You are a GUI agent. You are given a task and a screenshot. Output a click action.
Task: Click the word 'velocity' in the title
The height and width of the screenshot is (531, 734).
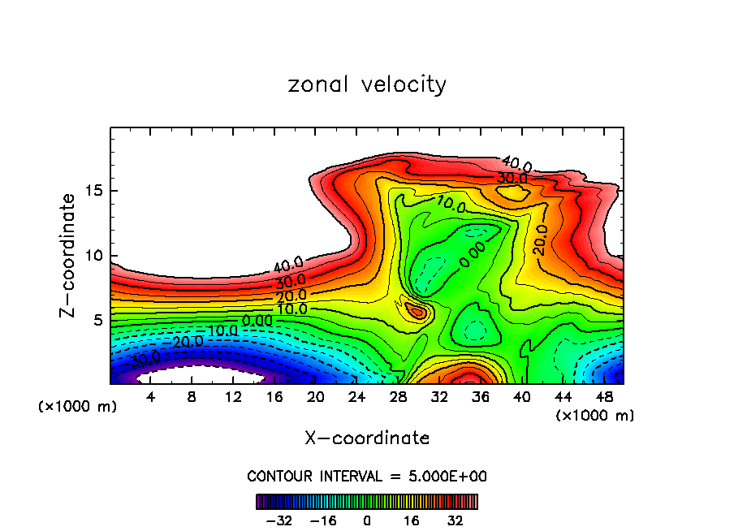click(x=402, y=85)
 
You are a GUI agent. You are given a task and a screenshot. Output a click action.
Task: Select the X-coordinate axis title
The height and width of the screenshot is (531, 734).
click(x=367, y=438)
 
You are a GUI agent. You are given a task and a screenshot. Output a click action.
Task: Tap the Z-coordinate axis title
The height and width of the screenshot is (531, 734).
click(x=69, y=255)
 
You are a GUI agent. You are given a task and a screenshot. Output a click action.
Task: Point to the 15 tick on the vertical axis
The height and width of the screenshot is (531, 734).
click(x=96, y=191)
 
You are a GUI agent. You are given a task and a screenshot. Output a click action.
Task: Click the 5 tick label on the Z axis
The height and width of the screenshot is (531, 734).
click(x=100, y=320)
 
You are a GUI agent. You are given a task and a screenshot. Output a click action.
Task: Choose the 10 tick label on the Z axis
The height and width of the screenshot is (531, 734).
click(x=96, y=256)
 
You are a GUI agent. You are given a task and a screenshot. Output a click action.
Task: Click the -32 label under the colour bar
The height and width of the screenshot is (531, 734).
click(x=278, y=520)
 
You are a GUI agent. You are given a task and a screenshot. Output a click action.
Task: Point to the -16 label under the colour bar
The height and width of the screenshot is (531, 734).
click(x=323, y=520)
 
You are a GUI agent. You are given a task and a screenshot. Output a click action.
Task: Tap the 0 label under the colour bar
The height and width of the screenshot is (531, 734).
click(x=367, y=520)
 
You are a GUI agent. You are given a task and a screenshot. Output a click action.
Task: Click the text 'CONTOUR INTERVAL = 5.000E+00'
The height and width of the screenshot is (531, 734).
click(x=367, y=476)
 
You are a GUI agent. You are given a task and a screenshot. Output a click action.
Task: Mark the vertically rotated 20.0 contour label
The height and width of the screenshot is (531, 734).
click(x=540, y=240)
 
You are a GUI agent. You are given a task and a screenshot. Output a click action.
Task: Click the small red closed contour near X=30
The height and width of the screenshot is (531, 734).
click(x=418, y=311)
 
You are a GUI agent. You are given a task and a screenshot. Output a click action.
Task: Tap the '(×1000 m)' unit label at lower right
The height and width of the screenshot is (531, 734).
click(x=595, y=416)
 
